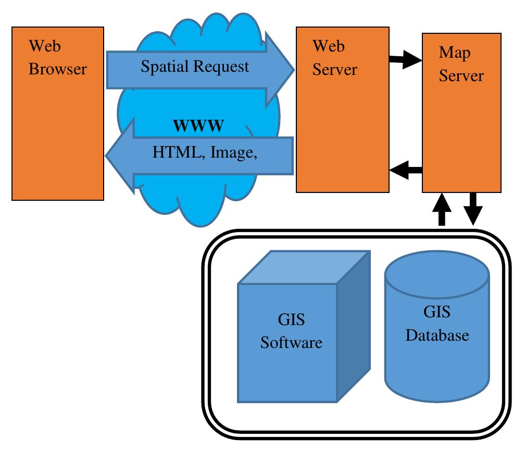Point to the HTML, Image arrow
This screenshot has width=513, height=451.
point(198,153)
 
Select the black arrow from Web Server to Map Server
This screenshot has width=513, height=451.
point(405,60)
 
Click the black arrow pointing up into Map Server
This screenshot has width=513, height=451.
point(442,208)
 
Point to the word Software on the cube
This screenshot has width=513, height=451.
point(292,343)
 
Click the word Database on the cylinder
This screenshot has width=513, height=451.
point(436,335)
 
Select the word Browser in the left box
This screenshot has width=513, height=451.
point(57,69)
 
